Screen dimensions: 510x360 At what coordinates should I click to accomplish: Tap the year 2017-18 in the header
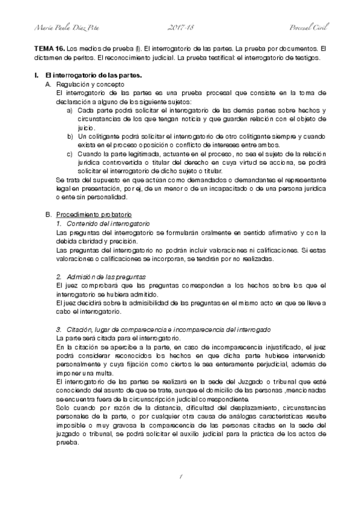pyautogui.click(x=180, y=28)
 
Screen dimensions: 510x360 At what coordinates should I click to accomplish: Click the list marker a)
pyautogui.click(x=70, y=111)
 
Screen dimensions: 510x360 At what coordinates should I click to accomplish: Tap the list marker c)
pyautogui.click(x=70, y=154)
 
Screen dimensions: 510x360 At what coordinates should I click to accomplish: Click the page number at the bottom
pyautogui.click(x=180, y=476)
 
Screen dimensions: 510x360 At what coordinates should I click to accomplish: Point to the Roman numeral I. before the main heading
pyautogui.click(x=37, y=75)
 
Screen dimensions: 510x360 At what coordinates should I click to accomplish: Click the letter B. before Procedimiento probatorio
pyautogui.click(x=49, y=215)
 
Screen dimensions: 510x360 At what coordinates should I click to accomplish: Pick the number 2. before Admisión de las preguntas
pyautogui.click(x=58, y=276)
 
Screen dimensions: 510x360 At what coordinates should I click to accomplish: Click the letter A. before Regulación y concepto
pyautogui.click(x=49, y=85)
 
